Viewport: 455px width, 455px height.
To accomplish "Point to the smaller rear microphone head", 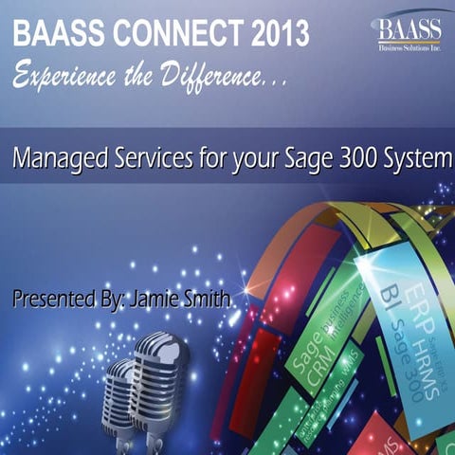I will point(120,383).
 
